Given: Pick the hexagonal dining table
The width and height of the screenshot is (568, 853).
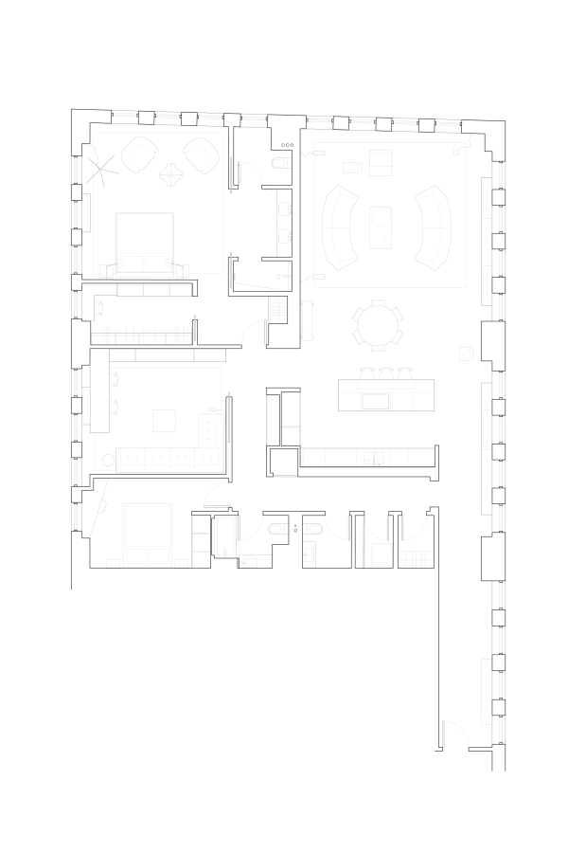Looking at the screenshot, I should point(378,325).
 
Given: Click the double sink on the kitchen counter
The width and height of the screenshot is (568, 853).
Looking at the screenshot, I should point(375,459).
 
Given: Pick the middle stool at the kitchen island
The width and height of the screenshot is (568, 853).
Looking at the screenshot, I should point(386,374).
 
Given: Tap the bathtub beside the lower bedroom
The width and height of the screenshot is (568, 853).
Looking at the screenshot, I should point(225,536).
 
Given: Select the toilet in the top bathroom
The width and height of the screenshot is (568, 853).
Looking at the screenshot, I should point(279,163).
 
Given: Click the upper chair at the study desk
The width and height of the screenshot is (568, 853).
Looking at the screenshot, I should point(115,380).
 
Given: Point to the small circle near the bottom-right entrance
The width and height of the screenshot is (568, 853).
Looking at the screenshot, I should point(487,719).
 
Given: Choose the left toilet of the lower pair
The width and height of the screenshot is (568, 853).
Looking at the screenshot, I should point(275,529).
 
